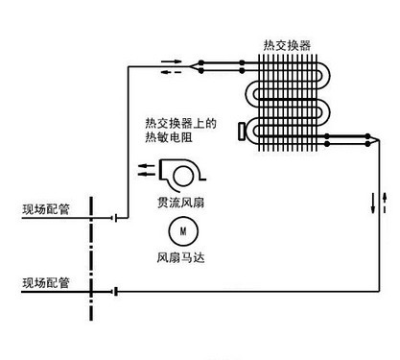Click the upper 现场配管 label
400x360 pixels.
click(46, 208)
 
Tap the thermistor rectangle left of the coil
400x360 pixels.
click(243, 128)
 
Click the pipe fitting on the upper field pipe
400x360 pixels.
click(114, 217)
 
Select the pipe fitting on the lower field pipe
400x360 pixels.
click(114, 290)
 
